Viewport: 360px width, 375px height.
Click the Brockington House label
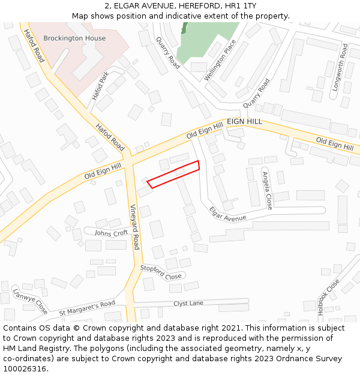tap(74, 38)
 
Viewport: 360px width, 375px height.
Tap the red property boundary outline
tap(173, 174)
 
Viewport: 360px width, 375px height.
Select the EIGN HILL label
tap(244, 121)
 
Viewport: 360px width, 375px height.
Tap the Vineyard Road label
tap(135, 226)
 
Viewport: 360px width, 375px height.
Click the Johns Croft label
tap(111, 233)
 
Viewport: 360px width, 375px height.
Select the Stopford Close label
tap(160, 272)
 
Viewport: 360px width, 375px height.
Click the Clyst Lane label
tap(188, 303)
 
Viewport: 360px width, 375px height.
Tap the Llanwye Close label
tap(30, 301)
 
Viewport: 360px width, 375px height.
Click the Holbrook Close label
tap(328, 297)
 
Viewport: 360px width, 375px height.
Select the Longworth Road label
tap(340, 67)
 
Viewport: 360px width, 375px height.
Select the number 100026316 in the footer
tap(25, 368)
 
